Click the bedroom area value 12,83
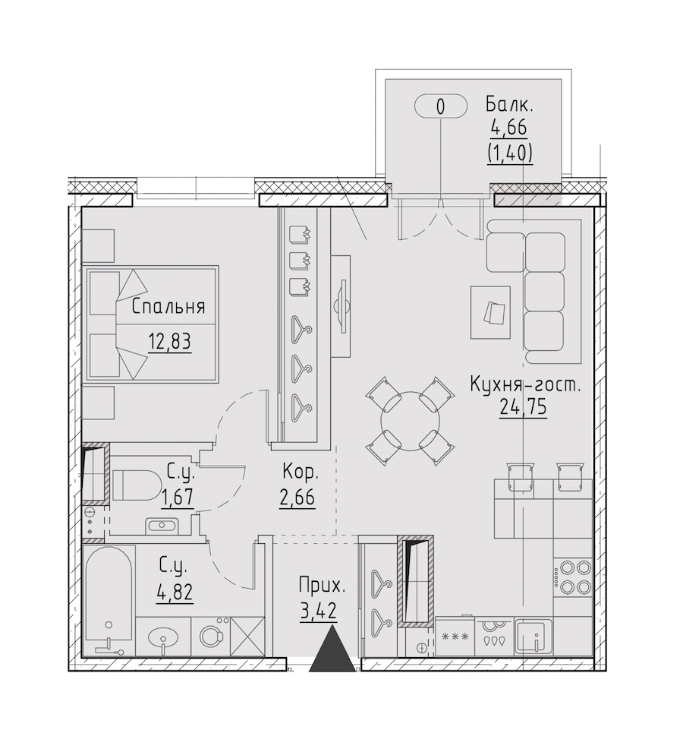(x=170, y=342)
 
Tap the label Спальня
(x=168, y=307)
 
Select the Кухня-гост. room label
(x=525, y=384)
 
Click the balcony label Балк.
(x=509, y=104)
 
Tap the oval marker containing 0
(x=440, y=106)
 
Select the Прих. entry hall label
(x=321, y=586)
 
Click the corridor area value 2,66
(x=297, y=498)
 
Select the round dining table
(x=410, y=421)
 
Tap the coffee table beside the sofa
(x=490, y=312)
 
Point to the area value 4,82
(x=175, y=593)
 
